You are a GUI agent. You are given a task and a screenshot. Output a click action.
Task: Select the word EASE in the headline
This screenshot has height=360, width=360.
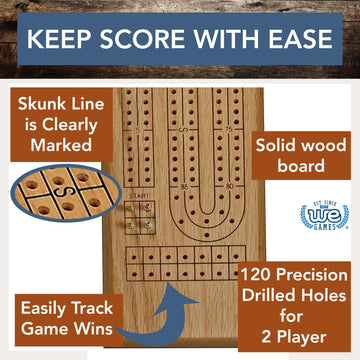295,43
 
